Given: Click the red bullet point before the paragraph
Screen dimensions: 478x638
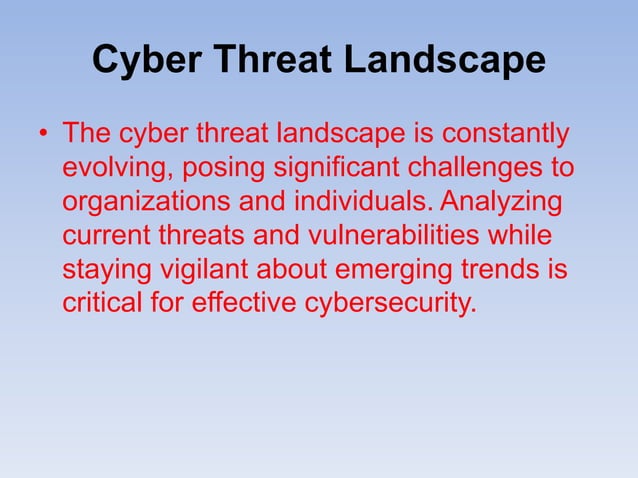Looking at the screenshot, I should coord(43,135).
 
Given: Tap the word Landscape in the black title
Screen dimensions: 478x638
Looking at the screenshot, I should coord(446,62).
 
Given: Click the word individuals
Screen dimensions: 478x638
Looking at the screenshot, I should coord(355,202).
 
